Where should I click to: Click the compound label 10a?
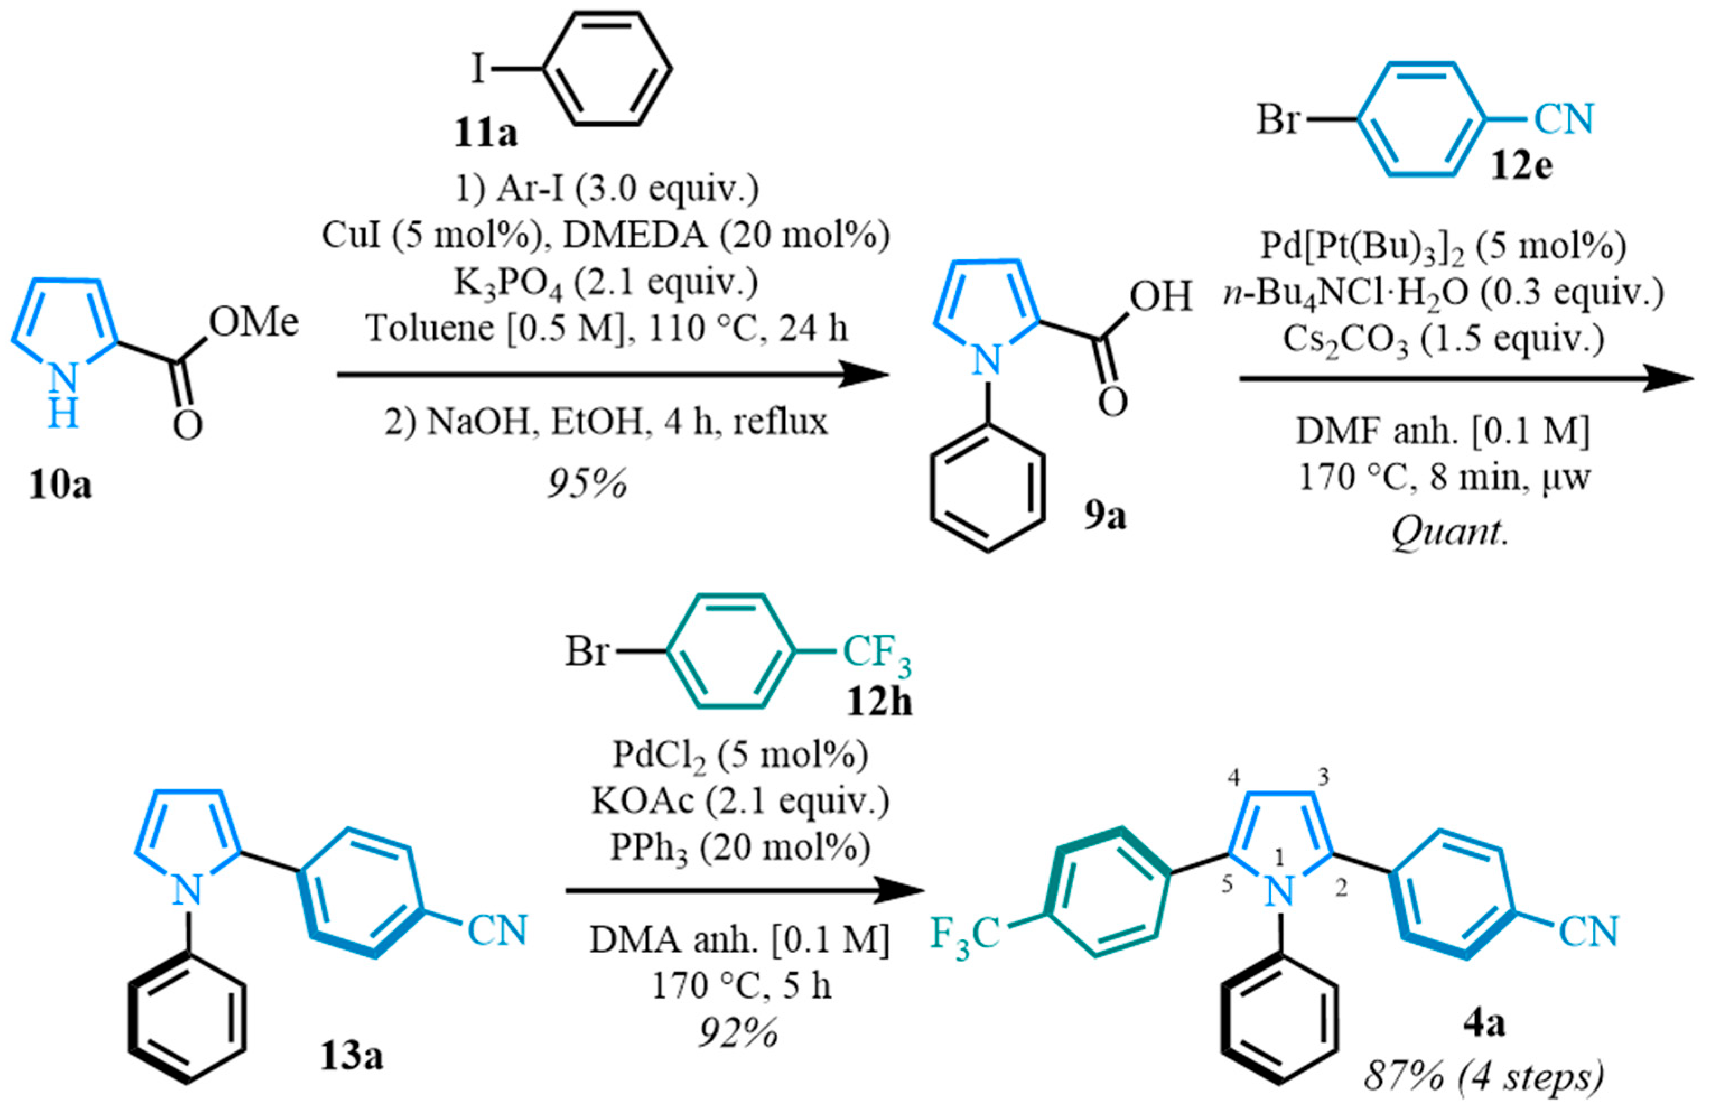pyautogui.click(x=60, y=486)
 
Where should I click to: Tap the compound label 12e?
pyautogui.click(x=1521, y=167)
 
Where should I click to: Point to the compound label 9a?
pyautogui.click(x=1105, y=516)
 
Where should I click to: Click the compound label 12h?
pyautogui.click(x=879, y=702)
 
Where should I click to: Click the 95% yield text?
pyautogui.click(x=588, y=485)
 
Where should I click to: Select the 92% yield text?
pyautogui.click(x=738, y=1033)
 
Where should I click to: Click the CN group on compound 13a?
pyautogui.click(x=497, y=930)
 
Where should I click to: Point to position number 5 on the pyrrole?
pyautogui.click(x=1227, y=884)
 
